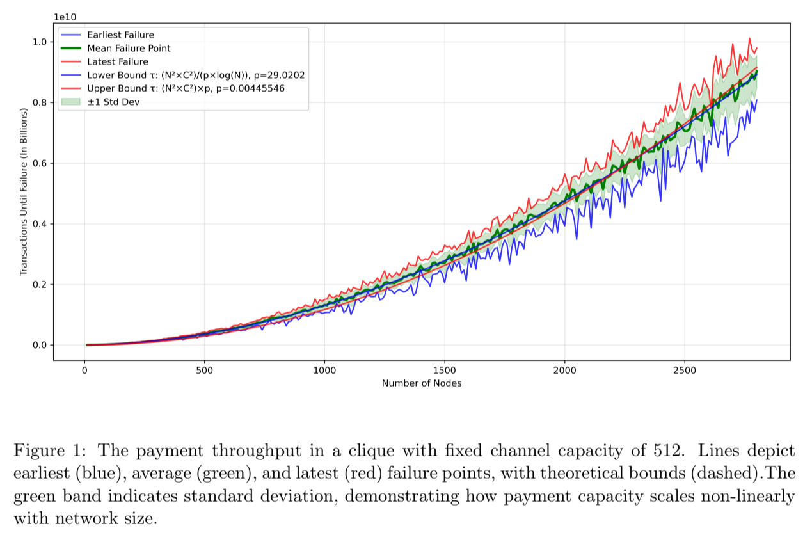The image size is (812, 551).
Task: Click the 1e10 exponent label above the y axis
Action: coord(65,16)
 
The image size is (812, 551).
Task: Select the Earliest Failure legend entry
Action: coord(120,35)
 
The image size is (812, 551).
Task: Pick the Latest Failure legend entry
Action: coord(117,61)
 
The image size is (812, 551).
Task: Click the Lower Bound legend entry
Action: coord(195,75)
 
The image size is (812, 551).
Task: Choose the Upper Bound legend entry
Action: coord(186,88)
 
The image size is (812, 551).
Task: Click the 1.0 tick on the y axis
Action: coord(40,42)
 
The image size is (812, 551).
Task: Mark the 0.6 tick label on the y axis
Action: coord(40,163)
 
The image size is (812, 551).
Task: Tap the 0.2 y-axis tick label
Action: coord(40,285)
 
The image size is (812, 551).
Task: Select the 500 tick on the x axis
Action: coord(204,370)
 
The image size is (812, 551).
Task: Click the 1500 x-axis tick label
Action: coord(445,370)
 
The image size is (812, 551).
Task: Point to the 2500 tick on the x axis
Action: coord(685,370)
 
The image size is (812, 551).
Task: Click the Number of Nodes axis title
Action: coord(422,383)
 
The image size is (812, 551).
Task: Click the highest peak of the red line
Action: coord(749,39)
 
